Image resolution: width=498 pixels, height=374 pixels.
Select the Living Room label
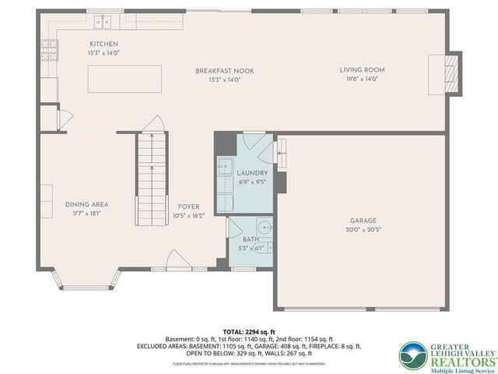pyautogui.click(x=362, y=70)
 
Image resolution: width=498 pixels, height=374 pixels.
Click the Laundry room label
pyautogui.click(x=252, y=173)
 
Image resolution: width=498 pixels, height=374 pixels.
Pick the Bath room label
pyautogui.click(x=250, y=240)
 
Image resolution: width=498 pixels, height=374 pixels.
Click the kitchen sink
pyautogui.click(x=103, y=21)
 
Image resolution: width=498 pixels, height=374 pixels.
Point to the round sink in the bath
pyautogui.click(x=264, y=228)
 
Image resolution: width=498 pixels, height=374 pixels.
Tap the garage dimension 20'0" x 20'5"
pyautogui.click(x=363, y=230)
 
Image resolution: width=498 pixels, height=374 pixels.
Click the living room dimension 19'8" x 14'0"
pyautogui.click(x=362, y=79)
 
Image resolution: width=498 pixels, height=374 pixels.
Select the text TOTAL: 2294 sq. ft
pyautogui.click(x=249, y=331)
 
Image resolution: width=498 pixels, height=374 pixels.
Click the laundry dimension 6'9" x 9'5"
pyautogui.click(x=252, y=182)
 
